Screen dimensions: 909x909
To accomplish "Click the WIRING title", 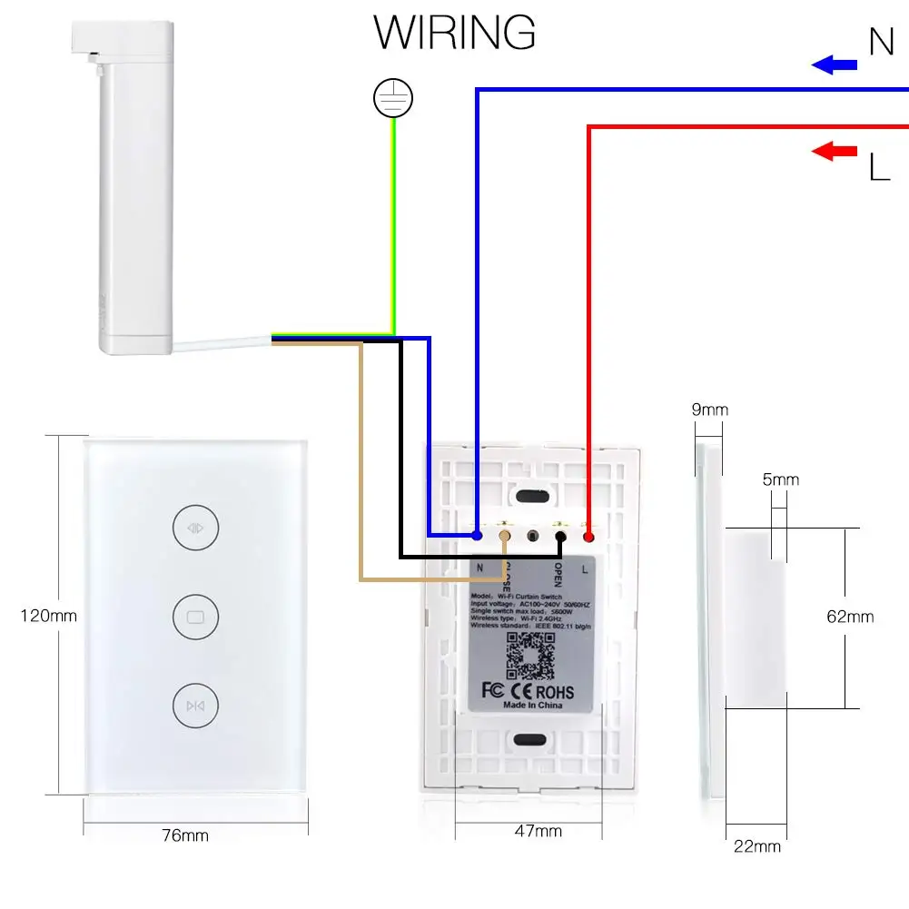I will pyautogui.click(x=455, y=33).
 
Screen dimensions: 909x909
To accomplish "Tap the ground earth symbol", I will pyautogui.click(x=393, y=99).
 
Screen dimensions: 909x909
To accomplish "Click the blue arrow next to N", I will pyautogui.click(x=835, y=64).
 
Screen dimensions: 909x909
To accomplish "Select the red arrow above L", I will pyautogui.click(x=835, y=151).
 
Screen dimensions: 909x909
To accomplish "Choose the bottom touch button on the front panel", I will pyautogui.click(x=194, y=705).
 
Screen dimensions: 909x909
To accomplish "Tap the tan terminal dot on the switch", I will pyautogui.click(x=506, y=536).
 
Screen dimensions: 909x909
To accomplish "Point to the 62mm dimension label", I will pyautogui.click(x=850, y=617).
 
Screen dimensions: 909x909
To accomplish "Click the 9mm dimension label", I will pyautogui.click(x=710, y=410).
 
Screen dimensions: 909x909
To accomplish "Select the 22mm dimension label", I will pyautogui.click(x=756, y=846).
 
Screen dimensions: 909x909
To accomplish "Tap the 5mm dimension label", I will pyautogui.click(x=780, y=479).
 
